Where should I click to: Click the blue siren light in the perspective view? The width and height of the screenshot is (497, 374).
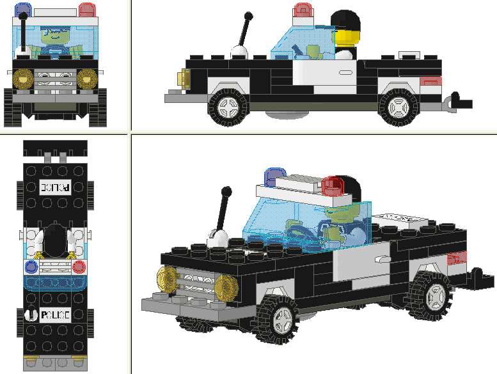point(275,176)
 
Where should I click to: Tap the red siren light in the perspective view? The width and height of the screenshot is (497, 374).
point(333,186)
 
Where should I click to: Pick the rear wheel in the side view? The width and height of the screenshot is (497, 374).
point(397,107)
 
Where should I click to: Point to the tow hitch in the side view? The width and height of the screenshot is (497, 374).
point(460,102)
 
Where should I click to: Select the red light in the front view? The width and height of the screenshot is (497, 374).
point(87,9)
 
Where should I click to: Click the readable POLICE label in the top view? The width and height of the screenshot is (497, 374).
point(55,315)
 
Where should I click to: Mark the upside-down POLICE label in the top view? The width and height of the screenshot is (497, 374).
point(56,187)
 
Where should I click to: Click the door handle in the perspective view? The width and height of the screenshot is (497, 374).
point(382,260)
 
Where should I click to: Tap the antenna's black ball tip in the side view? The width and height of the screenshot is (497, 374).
point(248,15)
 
